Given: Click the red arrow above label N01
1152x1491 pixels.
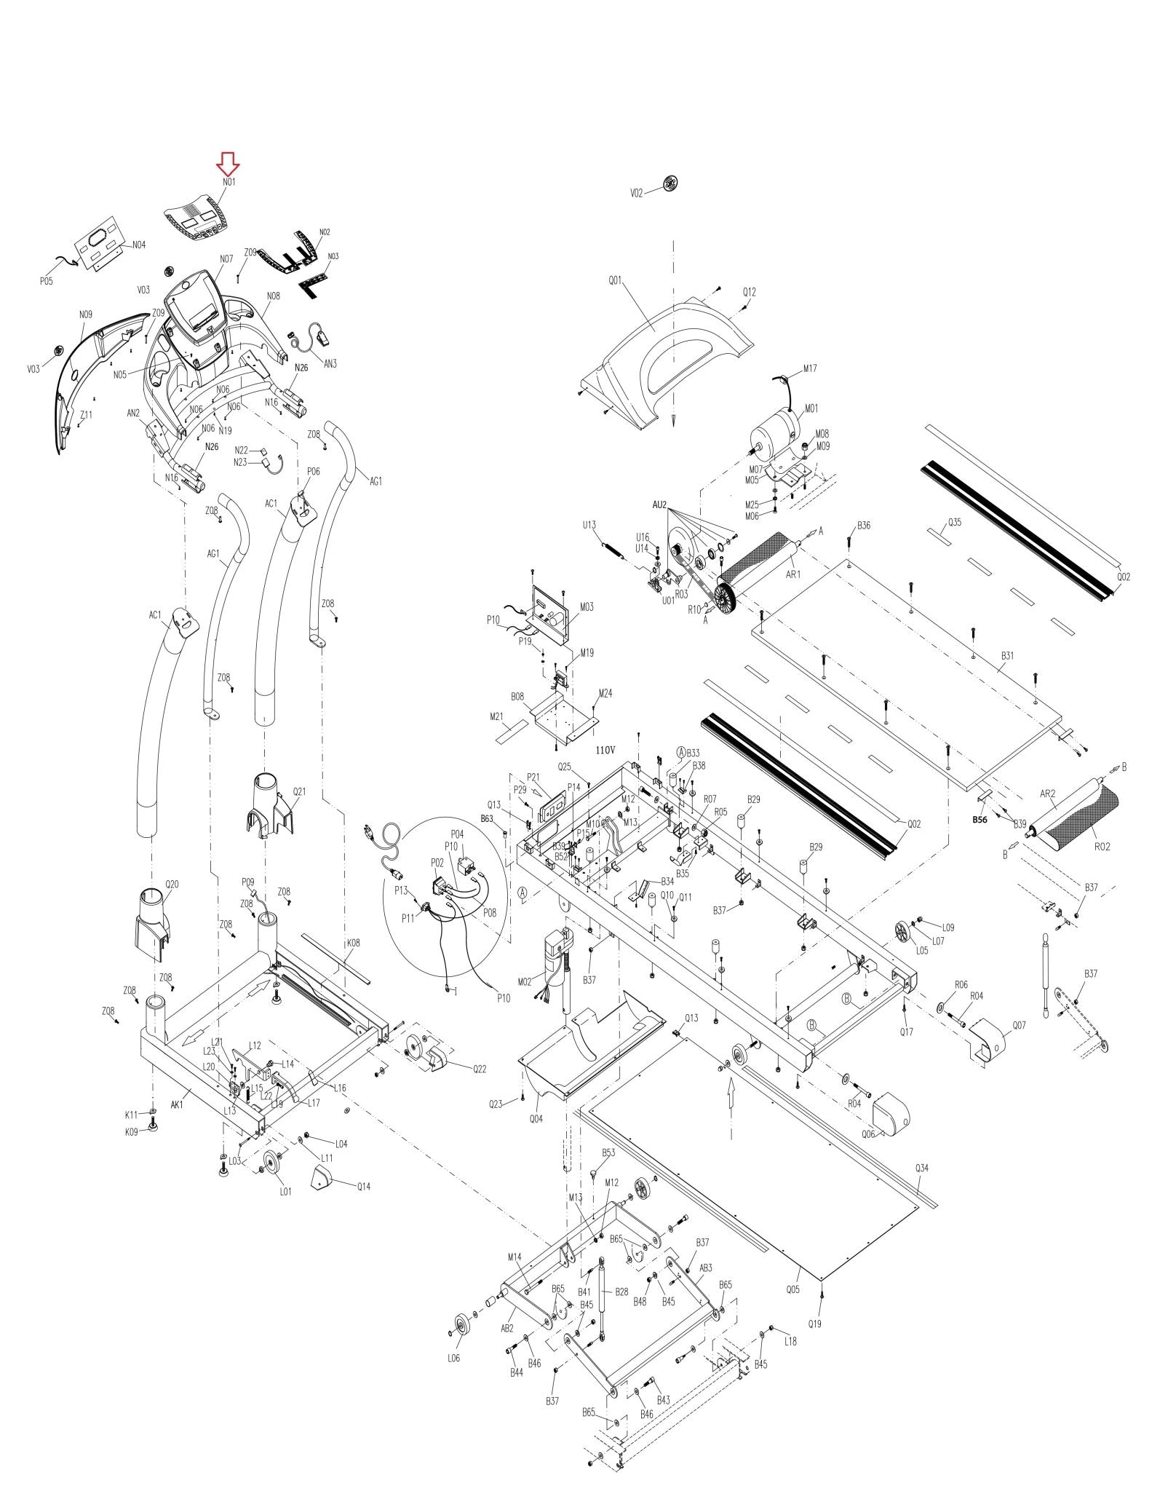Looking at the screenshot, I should pyautogui.click(x=229, y=164).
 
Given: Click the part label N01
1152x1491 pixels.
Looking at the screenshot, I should pyautogui.click(x=229, y=182).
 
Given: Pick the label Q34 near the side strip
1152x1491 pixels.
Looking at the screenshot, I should pyautogui.click(x=921, y=1168).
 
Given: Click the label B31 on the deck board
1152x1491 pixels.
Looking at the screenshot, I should pyautogui.click(x=1006, y=655).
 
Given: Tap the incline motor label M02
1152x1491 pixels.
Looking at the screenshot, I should pyautogui.click(x=544, y=981).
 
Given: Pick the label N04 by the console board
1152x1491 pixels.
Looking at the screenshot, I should pyautogui.click(x=138, y=245).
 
